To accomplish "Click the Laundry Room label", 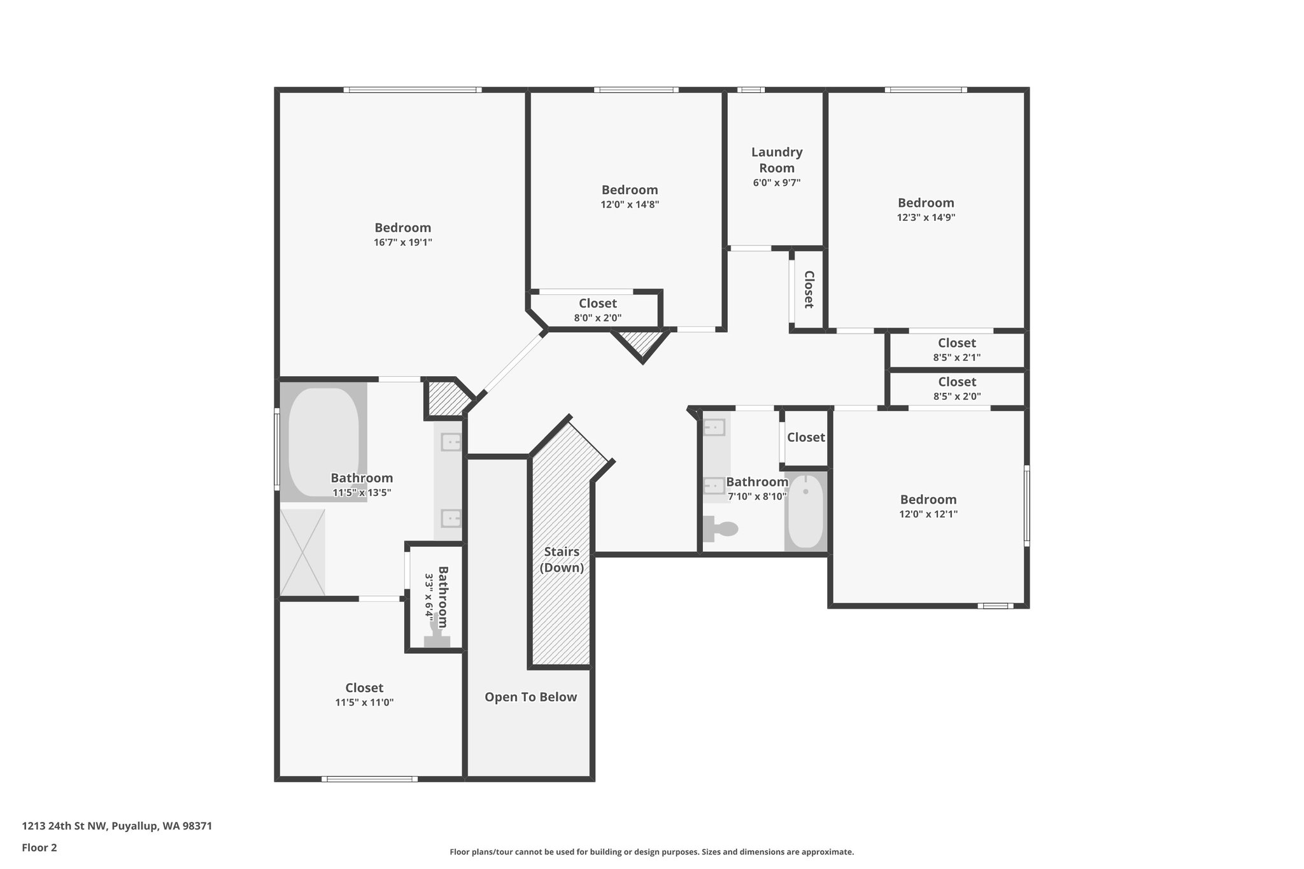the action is (x=777, y=160).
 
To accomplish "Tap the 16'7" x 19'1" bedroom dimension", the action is (x=403, y=242).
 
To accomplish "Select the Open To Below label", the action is (x=530, y=697).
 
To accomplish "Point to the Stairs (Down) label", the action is (x=562, y=560).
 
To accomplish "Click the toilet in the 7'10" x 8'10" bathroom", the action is (x=720, y=528).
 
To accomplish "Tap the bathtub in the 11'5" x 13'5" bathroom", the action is (x=323, y=442).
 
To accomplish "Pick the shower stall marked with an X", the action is (x=302, y=553).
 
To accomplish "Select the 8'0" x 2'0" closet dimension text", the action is (x=597, y=318).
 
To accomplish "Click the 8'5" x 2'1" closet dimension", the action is (x=956, y=357).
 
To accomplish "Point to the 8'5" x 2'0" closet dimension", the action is (x=956, y=396).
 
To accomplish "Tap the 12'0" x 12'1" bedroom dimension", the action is (x=928, y=514).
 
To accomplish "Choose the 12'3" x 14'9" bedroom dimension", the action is (x=926, y=217).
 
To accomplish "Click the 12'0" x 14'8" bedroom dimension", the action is (x=630, y=204).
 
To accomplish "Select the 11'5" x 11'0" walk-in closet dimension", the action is (x=364, y=702).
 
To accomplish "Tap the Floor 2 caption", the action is (x=39, y=847).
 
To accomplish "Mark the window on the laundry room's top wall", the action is (x=751, y=90).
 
